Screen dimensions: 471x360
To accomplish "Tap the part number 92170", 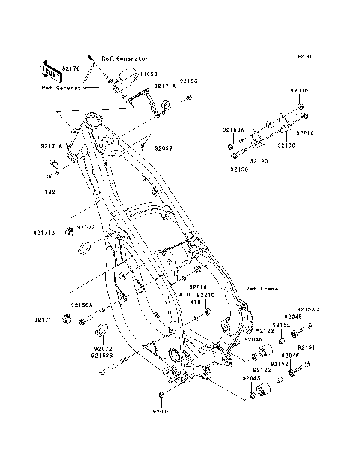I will point(71,68).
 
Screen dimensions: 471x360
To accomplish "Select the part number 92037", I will point(163,148).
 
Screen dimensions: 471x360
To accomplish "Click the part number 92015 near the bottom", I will point(161,411).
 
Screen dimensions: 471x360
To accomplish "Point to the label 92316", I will point(298,90).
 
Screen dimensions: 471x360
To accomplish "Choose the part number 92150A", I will point(233,130).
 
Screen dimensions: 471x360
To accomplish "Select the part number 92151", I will point(306,347).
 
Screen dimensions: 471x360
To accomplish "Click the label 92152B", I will point(103,355).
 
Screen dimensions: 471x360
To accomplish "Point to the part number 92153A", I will point(82,305).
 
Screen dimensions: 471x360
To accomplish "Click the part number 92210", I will point(206,295).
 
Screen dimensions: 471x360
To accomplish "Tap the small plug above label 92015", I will point(161,394).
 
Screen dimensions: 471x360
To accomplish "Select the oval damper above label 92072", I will point(102,331).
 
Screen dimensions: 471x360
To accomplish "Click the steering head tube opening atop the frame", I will point(93,118).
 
